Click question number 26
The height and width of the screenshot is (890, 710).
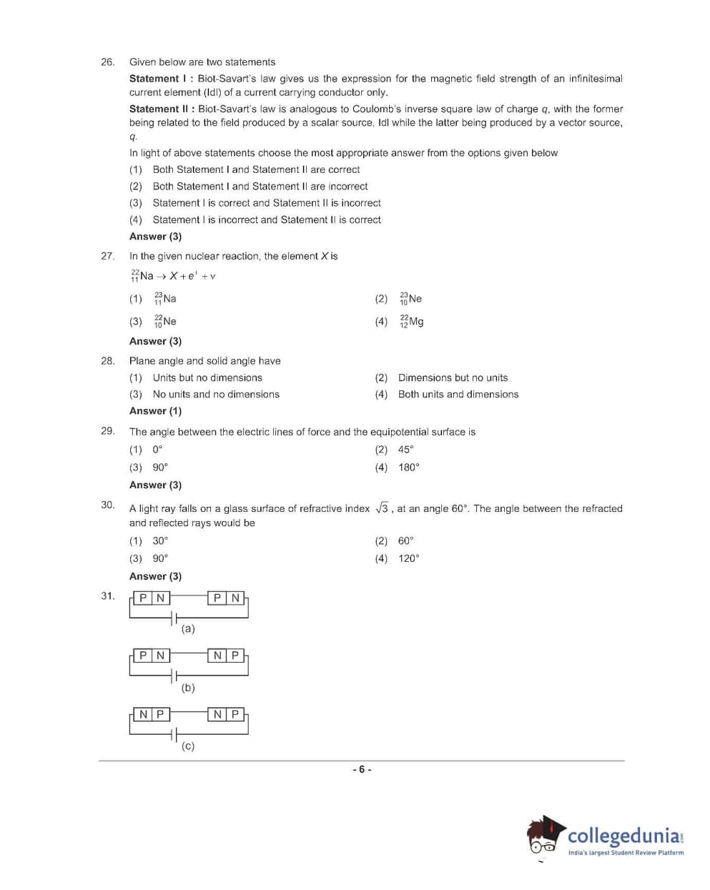[107, 62]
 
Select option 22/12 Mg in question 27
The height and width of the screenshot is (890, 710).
[412, 322]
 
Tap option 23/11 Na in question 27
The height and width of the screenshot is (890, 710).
[165, 299]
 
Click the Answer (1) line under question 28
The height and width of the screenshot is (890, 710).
[155, 411]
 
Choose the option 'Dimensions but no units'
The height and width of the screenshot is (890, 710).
[453, 377]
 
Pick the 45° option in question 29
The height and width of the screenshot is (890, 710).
[405, 450]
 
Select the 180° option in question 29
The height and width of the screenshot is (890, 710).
[408, 468]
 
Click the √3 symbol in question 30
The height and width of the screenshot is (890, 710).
[382, 508]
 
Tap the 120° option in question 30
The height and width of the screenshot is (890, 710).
[408, 558]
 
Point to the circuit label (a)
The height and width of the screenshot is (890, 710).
[188, 629]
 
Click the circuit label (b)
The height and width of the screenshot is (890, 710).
[188, 688]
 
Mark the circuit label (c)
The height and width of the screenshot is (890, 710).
[188, 746]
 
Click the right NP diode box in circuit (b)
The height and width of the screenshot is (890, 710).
[227, 656]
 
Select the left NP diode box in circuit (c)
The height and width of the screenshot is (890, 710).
[152, 714]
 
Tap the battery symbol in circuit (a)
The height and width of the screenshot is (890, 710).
[173, 617]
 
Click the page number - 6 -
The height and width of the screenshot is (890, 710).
[362, 770]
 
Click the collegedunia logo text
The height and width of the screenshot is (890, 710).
[624, 836]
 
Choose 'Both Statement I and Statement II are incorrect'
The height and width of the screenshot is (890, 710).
[260, 187]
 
